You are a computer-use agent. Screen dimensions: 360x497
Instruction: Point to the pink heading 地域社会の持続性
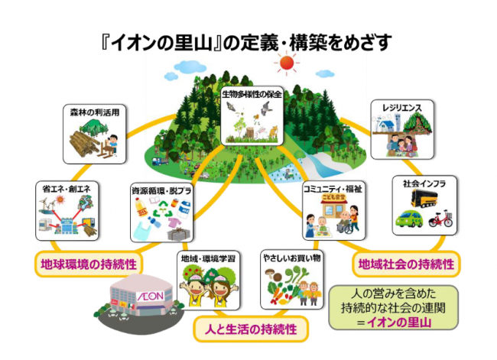pyautogui.click(x=406, y=264)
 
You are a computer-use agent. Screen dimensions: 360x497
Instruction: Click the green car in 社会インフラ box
pyautogui.click(x=409, y=222)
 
